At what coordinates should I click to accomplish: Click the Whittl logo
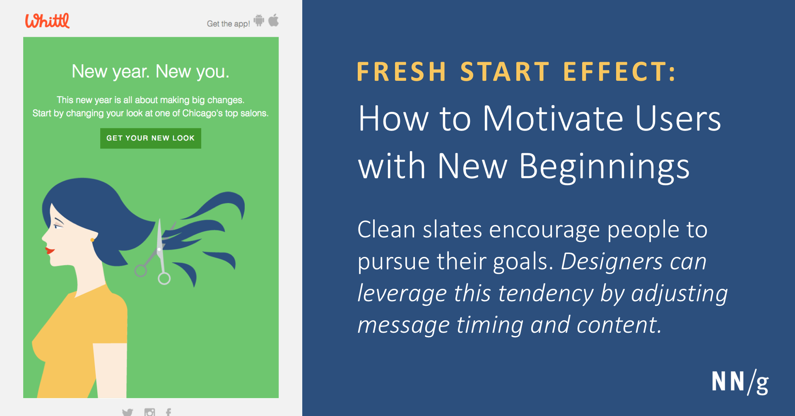coord(47,21)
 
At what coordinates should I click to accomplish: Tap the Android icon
coord(259,20)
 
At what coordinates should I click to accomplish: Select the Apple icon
coord(273,20)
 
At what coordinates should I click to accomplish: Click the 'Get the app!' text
coord(228,24)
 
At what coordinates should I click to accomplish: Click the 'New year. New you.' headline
coord(150,72)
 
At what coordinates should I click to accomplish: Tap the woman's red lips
coord(50,250)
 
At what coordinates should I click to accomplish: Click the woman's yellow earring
coord(92,239)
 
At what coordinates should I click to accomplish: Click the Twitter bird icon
coord(128,412)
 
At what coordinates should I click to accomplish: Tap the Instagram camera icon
coord(149,412)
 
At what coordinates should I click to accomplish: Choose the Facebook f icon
coord(169,412)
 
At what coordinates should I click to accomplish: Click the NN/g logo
coord(740,382)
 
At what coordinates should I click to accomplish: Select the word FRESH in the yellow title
coord(401,72)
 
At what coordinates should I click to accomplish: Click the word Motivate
coord(553,119)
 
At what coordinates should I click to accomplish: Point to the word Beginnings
coord(605,167)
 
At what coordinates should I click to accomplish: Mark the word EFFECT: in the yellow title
coord(619,72)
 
